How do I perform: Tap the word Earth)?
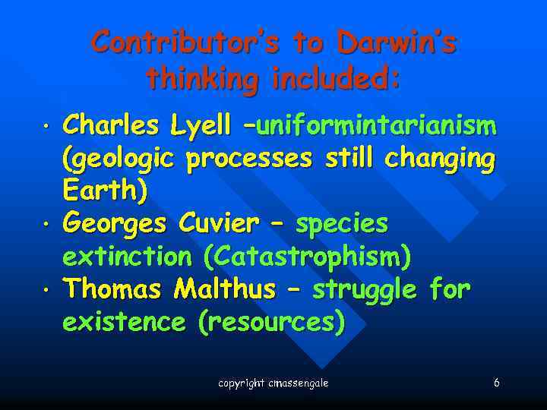[105, 191]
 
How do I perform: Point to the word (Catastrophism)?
[308, 257]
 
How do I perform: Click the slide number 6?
[496, 383]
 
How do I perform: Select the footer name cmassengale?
[299, 383]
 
